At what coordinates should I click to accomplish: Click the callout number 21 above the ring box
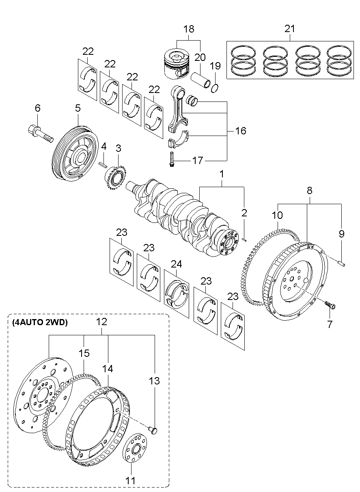pos(290,29)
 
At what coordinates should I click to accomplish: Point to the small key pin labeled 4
pos(103,164)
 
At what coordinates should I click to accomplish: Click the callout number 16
pos(240,131)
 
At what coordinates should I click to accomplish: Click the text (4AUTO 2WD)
pos(39,323)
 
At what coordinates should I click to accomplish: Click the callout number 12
pos(101,322)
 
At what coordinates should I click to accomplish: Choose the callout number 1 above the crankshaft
pos(222,174)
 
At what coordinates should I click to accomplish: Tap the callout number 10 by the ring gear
pos(277,214)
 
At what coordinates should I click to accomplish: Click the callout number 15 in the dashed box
pos(84,353)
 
